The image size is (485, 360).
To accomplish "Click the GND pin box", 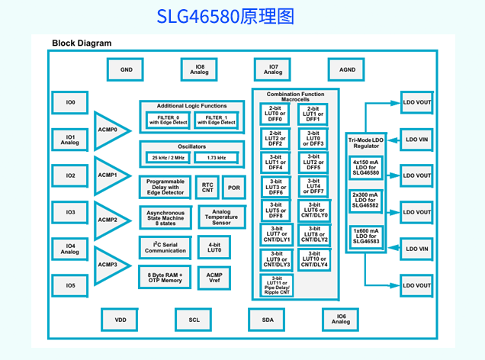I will (x=126, y=70).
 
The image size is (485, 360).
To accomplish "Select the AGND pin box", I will (x=347, y=70).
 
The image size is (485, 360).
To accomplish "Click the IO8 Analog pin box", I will (x=200, y=70).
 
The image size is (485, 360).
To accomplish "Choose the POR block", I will (x=233, y=188).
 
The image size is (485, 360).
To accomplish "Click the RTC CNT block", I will (x=207, y=188).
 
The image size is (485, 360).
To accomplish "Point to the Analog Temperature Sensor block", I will (x=221, y=217).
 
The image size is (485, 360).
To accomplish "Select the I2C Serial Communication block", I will (x=165, y=247).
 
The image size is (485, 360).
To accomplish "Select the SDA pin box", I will (x=268, y=320).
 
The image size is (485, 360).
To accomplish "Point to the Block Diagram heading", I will (x=82, y=43).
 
